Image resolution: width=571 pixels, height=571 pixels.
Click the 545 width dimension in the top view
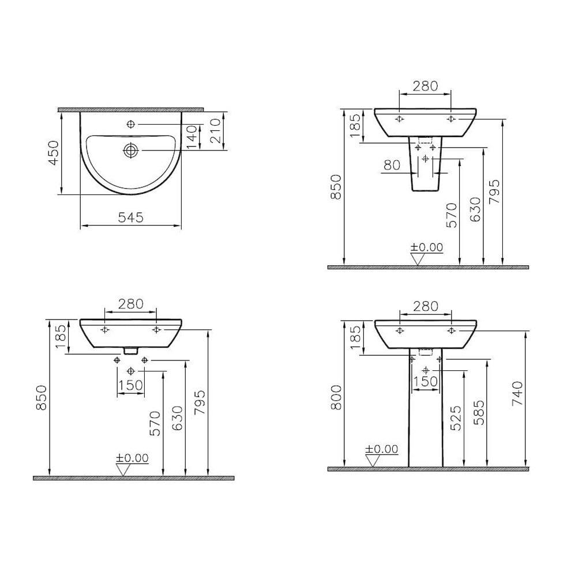(130, 217)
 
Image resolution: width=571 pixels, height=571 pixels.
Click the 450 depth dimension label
(54, 153)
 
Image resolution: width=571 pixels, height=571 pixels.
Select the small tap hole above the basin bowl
(131, 124)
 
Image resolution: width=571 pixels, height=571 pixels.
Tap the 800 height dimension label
(337, 397)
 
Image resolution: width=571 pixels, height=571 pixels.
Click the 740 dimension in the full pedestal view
(518, 393)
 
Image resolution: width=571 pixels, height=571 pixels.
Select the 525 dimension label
(456, 418)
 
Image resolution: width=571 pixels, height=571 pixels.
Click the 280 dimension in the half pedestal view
(426, 87)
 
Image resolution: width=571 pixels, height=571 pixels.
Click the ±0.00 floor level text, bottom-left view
(132, 458)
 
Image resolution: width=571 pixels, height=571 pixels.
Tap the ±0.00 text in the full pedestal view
(382, 449)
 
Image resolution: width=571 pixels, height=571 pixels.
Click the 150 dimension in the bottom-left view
(130, 385)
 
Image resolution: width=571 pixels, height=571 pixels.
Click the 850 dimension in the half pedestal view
(337, 187)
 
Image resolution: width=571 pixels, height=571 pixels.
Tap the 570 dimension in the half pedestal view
(452, 214)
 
